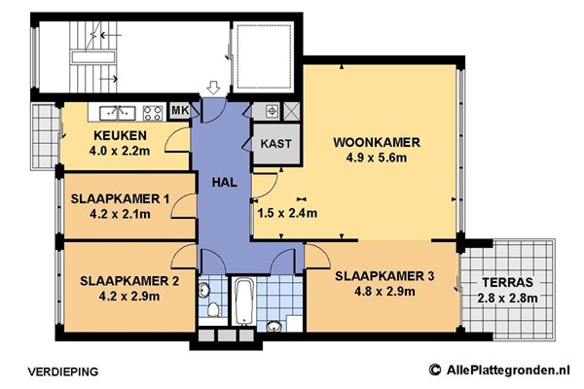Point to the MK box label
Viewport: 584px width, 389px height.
[x=180, y=111]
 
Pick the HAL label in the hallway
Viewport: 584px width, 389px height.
[x=225, y=181]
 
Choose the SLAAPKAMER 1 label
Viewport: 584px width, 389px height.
[x=120, y=199]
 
